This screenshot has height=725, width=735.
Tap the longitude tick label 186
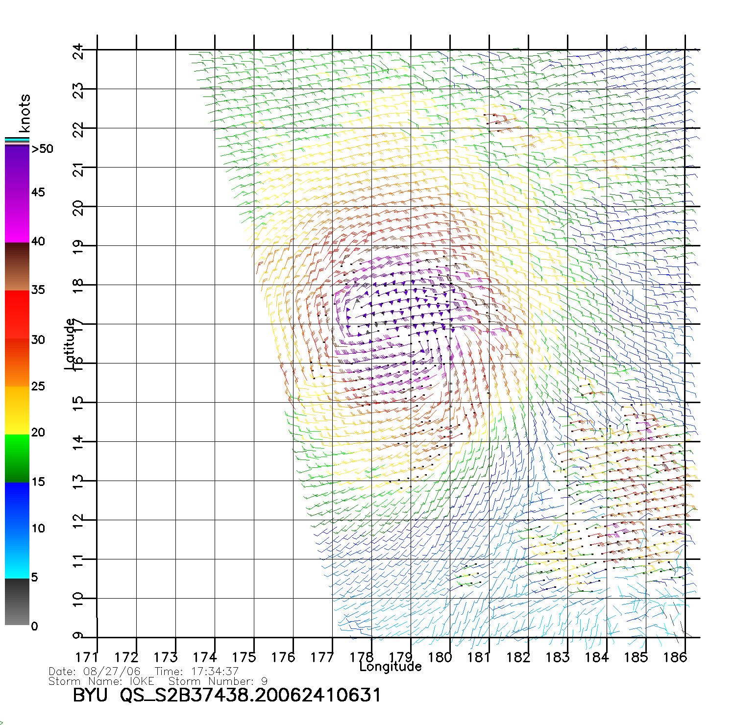point(675,657)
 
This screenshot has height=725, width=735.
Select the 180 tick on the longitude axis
point(440,657)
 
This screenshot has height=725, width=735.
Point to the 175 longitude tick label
point(244,657)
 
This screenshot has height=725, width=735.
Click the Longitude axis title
point(391,666)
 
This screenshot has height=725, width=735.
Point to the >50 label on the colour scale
point(42,149)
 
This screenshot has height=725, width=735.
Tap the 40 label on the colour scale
point(38,241)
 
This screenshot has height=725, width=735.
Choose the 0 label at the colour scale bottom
point(34,626)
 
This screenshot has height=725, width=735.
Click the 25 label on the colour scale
point(38,387)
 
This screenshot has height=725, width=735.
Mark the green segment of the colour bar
point(17,458)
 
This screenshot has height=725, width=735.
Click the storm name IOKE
point(142,681)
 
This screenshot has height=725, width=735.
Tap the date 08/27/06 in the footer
point(112,672)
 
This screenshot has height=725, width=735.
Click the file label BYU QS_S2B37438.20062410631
point(226,695)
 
